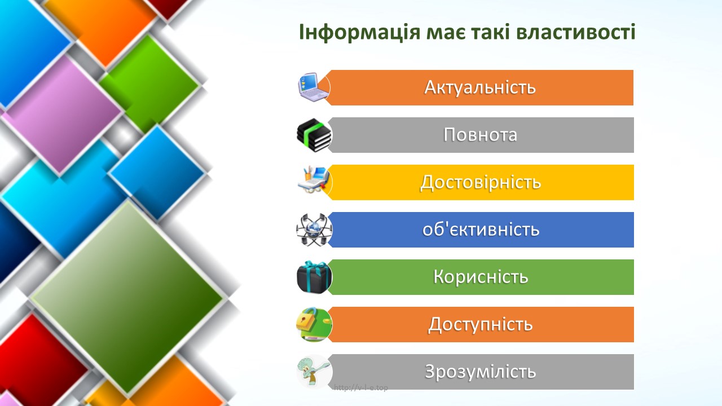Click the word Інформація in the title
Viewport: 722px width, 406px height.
(359, 33)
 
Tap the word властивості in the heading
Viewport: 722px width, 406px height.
(576, 32)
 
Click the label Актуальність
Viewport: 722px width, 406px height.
(480, 87)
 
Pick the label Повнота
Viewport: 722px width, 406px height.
(480, 135)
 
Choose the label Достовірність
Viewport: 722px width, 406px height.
(480, 182)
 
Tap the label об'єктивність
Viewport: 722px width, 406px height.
(481, 230)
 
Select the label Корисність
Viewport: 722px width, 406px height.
(481, 277)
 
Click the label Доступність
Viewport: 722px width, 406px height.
(480, 324)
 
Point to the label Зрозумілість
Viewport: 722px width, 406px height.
(480, 372)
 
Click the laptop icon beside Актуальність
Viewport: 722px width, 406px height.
(313, 87)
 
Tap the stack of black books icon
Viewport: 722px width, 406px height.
(314, 135)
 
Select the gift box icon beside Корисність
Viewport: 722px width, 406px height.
(314, 277)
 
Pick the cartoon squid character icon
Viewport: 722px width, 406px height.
(314, 372)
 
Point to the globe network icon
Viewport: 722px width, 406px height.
(314, 230)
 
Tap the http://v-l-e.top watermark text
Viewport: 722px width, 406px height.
(360, 387)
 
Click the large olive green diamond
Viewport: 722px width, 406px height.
(127, 297)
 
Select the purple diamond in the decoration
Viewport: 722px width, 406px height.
(63, 114)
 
